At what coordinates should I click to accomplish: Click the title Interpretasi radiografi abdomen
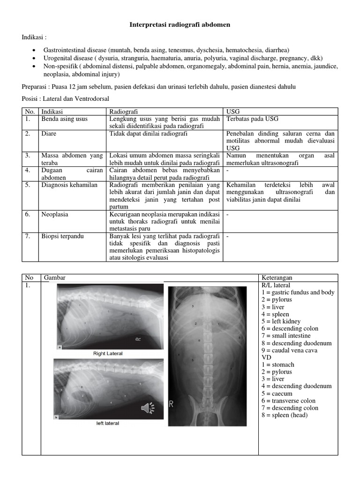click(x=180, y=24)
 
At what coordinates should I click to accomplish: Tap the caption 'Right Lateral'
click(x=108, y=353)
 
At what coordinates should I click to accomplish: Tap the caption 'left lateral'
click(x=108, y=423)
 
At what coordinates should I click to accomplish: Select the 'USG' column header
click(x=232, y=112)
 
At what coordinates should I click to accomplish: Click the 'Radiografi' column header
click(x=123, y=112)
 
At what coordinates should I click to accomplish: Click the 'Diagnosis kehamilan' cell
click(x=69, y=185)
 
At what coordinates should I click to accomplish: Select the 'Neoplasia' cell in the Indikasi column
click(x=55, y=214)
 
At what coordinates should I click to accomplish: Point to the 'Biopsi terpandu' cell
click(x=63, y=236)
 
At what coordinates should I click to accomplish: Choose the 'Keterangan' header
click(x=277, y=278)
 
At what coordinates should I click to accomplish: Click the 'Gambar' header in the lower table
click(x=55, y=278)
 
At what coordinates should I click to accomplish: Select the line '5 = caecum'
click(x=279, y=394)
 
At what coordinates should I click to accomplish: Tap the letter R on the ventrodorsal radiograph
click(x=172, y=404)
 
